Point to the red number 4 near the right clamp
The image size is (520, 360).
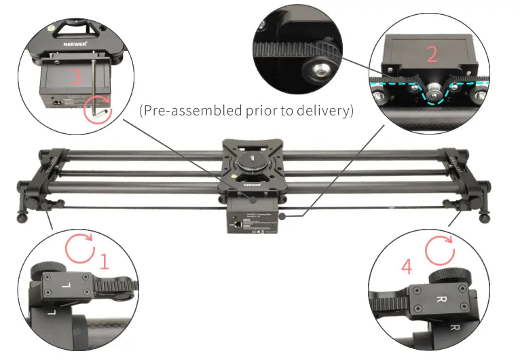coord(406,266)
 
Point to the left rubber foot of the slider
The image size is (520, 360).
coord(20,219)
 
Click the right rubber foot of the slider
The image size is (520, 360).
coord(486,218)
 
